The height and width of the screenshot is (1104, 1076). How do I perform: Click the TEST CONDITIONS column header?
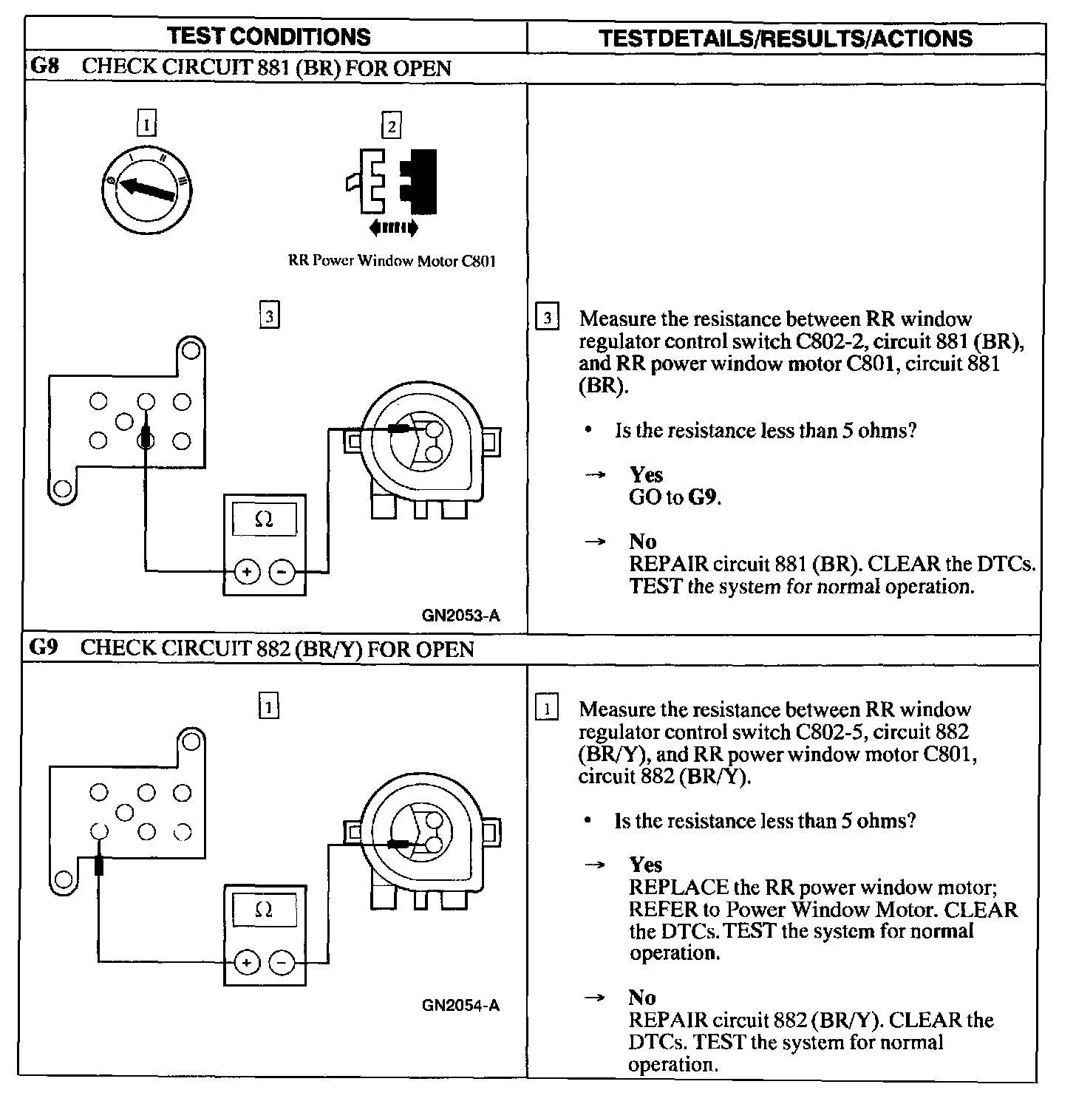268,37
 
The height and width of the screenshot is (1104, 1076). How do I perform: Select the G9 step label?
43,648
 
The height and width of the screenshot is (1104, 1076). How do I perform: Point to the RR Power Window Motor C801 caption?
391,261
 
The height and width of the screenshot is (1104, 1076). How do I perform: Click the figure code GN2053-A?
460,616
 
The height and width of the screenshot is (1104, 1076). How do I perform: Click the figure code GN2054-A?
460,1005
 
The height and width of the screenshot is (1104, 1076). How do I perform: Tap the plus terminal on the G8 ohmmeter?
247,572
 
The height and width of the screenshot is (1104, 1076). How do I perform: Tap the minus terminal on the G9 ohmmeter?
282,963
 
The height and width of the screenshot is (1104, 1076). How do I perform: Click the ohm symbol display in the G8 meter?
264,519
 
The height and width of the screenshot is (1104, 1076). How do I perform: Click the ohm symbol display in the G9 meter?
264,910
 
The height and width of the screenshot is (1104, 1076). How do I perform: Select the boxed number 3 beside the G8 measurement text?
547,318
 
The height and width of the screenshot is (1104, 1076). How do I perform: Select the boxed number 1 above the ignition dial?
147,125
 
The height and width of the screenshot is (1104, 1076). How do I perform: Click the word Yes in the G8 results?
646,474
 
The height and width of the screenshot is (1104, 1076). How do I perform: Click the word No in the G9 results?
642,998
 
